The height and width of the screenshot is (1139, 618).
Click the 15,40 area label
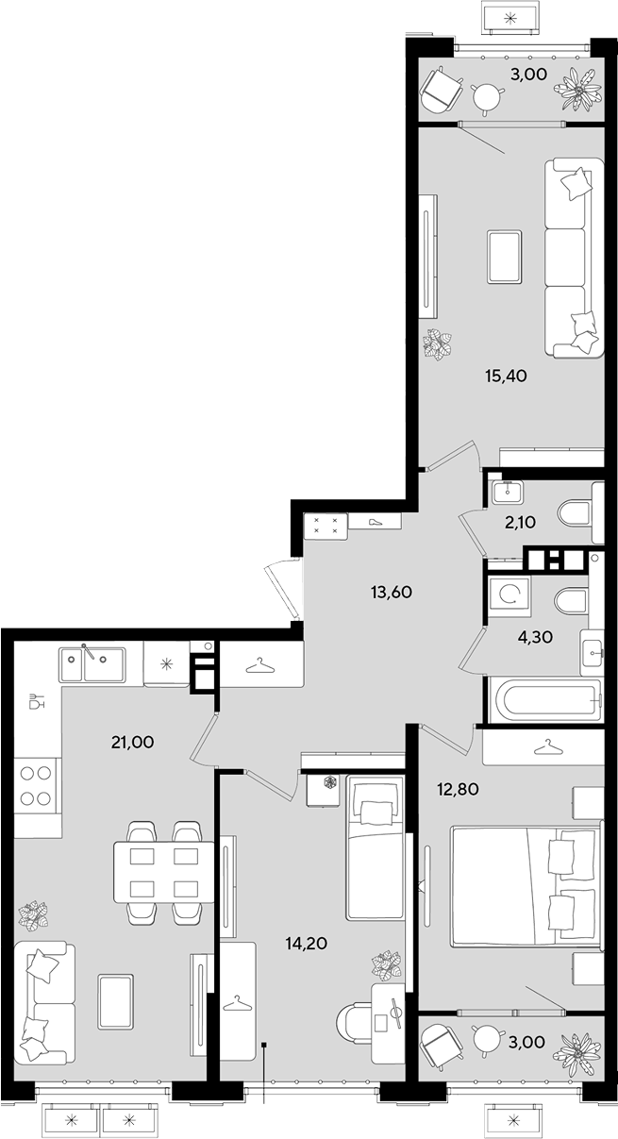click(x=505, y=377)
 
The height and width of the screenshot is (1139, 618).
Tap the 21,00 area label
click(x=132, y=743)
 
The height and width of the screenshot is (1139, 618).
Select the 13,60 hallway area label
click(x=391, y=592)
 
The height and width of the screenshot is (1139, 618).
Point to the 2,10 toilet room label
click(x=521, y=522)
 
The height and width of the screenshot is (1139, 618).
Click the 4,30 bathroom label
click(x=535, y=636)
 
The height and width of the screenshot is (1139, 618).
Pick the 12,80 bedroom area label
click(x=458, y=789)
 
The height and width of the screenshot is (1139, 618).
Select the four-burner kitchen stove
click(x=36, y=787)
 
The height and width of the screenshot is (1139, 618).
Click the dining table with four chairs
click(x=164, y=872)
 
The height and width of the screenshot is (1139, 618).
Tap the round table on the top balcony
click(x=487, y=96)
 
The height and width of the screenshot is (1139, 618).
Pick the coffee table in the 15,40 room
click(x=505, y=257)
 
